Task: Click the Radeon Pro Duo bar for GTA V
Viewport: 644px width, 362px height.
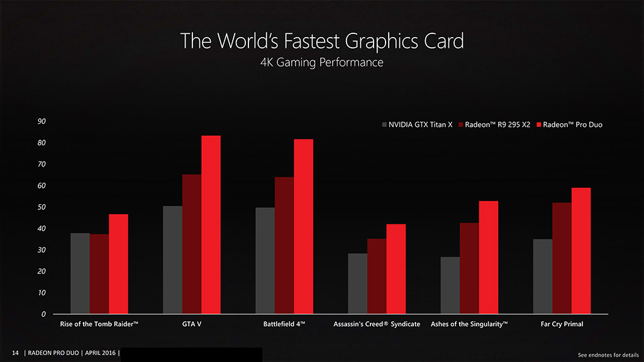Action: (x=211, y=224)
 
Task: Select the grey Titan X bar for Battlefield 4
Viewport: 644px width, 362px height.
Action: (x=265, y=260)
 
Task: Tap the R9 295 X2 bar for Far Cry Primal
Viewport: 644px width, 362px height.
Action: (x=562, y=258)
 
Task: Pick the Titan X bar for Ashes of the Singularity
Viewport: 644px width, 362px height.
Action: (x=450, y=285)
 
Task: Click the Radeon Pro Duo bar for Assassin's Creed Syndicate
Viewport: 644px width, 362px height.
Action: (x=396, y=268)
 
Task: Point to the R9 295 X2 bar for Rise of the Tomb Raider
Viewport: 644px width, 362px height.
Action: (x=99, y=273)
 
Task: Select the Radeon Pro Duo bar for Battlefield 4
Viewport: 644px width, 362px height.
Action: (x=303, y=226)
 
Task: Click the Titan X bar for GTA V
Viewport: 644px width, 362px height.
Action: (x=172, y=260)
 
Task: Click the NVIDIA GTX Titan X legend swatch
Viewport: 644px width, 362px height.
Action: (x=385, y=125)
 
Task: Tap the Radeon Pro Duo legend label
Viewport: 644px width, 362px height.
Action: (x=572, y=125)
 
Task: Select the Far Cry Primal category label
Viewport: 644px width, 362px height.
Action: (x=562, y=324)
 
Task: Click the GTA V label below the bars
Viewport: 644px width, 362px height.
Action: (x=191, y=324)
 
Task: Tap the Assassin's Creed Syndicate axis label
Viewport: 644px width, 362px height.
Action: (x=376, y=324)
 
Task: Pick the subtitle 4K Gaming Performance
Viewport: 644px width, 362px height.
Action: (x=321, y=63)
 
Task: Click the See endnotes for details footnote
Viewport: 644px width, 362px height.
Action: (x=608, y=355)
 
